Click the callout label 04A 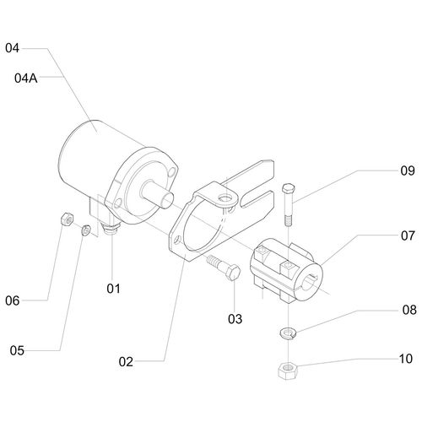[x=26, y=78]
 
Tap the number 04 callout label [x=12, y=48]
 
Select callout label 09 [x=408, y=170]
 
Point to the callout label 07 [x=408, y=235]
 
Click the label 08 [x=409, y=310]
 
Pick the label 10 [x=406, y=359]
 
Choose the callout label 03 [x=235, y=319]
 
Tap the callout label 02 [x=126, y=361]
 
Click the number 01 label [x=113, y=289]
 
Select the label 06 [x=13, y=300]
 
